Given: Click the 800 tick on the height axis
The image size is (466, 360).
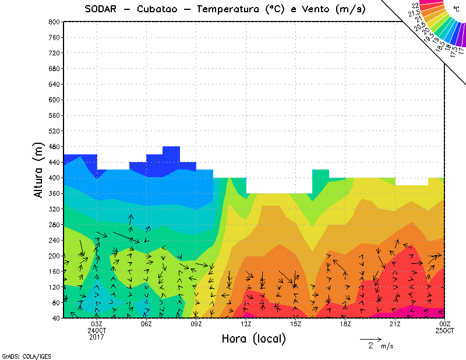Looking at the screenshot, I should point(55,22).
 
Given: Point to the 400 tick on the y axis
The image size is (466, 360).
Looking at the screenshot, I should point(55,178).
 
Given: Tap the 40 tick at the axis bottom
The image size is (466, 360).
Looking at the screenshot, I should point(57,318).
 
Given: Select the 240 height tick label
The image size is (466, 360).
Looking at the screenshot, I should point(55,240).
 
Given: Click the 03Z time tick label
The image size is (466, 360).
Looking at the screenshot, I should point(97,324).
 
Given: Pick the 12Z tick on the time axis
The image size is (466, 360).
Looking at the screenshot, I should point(246,324).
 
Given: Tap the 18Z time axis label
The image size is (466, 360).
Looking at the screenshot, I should point(345,324).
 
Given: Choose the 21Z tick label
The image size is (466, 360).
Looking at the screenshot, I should point(395,324).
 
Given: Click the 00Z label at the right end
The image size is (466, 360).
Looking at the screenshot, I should point(444,324).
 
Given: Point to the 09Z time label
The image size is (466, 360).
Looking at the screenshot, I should point(196,324).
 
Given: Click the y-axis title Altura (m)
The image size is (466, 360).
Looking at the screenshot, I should point(39,170).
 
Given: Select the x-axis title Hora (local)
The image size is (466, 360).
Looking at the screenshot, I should point(253,338).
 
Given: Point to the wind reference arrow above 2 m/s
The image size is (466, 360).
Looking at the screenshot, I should point(370,338).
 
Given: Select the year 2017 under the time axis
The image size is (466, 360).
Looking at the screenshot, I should point(97,336).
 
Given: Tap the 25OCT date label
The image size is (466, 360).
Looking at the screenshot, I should point(444,330).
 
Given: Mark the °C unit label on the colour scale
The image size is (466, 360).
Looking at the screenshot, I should point(456,9).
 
